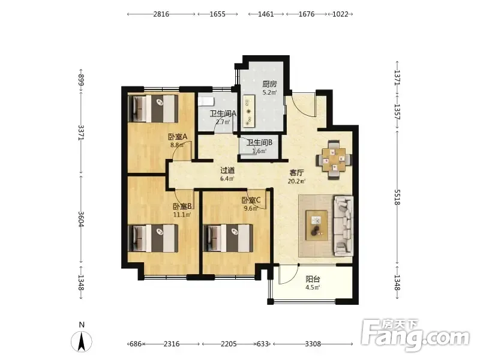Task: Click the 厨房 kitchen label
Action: pyautogui.click(x=269, y=84)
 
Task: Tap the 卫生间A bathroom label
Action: pyautogui.click(x=223, y=113)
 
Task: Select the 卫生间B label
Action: pyautogui.click(x=259, y=142)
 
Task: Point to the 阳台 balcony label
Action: pyautogui.click(x=313, y=279)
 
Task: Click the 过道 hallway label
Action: pyautogui.click(x=227, y=170)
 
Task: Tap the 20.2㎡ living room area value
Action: pyautogui.click(x=296, y=181)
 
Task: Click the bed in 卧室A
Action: pyautogui.click(x=153, y=109)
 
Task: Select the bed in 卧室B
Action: pyautogui.click(x=153, y=238)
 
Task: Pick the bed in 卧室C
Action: pyautogui.click(x=229, y=238)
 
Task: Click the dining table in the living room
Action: pyautogui.click(x=334, y=160)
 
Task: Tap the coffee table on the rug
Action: pyautogui.click(x=317, y=226)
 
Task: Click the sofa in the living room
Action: pyautogui.click(x=343, y=226)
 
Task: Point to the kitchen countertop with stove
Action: pyautogui.click(x=248, y=111)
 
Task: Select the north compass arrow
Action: pyautogui.click(x=82, y=341)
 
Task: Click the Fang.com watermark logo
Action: pyautogui.click(x=415, y=336)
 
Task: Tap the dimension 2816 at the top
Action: pyautogui.click(x=161, y=14)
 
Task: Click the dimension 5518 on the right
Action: pyautogui.click(x=397, y=197)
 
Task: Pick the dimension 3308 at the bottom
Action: pyautogui.click(x=313, y=344)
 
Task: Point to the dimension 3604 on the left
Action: pyautogui.click(x=81, y=219)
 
